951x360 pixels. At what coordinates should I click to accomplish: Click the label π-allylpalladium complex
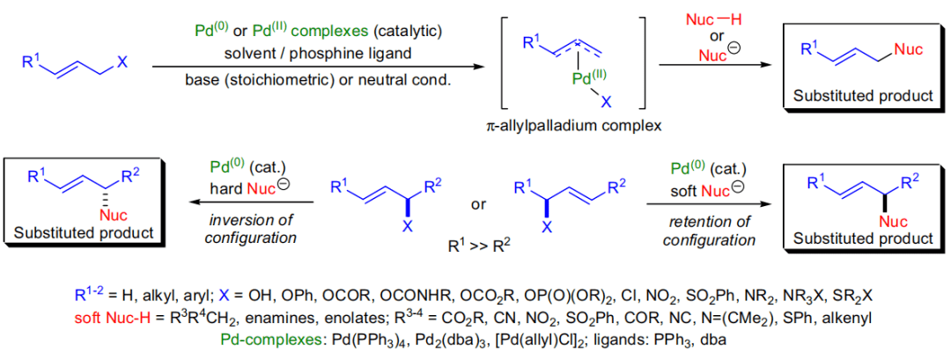point(568,126)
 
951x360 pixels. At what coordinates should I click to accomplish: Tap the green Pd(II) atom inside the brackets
point(572,79)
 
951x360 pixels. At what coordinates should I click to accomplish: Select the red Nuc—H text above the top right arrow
point(711,19)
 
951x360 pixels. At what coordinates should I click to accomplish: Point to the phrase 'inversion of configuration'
point(250,228)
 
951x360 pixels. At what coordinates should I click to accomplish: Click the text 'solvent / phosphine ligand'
point(314,54)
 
